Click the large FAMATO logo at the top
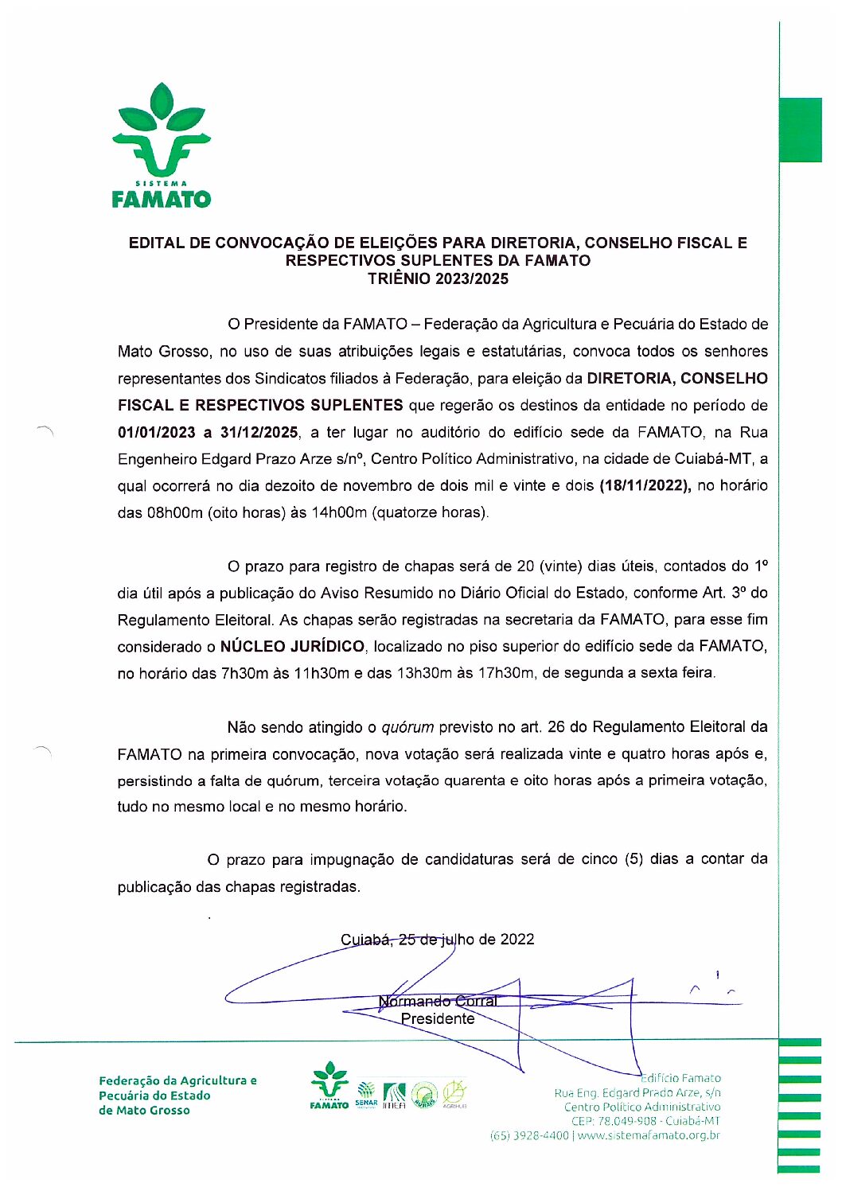click(x=162, y=146)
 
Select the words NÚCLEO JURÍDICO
click(x=292, y=647)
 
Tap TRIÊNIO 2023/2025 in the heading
click(x=438, y=278)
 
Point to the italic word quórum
click(x=407, y=727)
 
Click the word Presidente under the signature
click(x=438, y=1019)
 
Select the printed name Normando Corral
click(x=438, y=1001)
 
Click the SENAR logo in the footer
click(x=366, y=1092)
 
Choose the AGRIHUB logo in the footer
click(x=454, y=1094)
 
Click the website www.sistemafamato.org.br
click(x=649, y=1135)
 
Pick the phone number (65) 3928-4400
click(x=529, y=1135)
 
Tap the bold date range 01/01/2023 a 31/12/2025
click(x=208, y=432)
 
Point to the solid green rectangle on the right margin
click(x=800, y=130)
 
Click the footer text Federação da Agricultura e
click(x=177, y=1080)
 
